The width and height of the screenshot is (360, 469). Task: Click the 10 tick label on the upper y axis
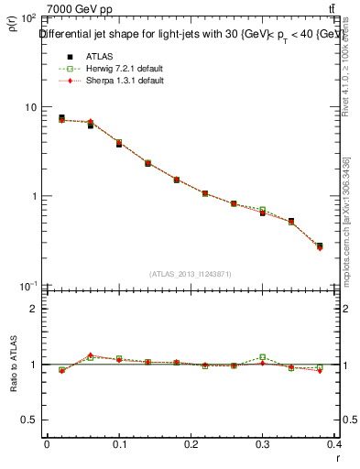(x=29, y=107)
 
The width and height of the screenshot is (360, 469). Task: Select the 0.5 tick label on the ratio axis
(x=28, y=420)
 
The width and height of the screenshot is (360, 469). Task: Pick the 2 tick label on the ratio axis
(x=33, y=309)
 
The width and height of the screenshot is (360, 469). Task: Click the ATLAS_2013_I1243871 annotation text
(x=191, y=274)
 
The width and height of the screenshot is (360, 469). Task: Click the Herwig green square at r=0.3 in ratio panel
(x=263, y=357)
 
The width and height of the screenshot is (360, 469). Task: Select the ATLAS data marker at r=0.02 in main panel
(x=61, y=118)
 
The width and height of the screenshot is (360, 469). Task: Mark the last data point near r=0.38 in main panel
(x=320, y=246)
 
